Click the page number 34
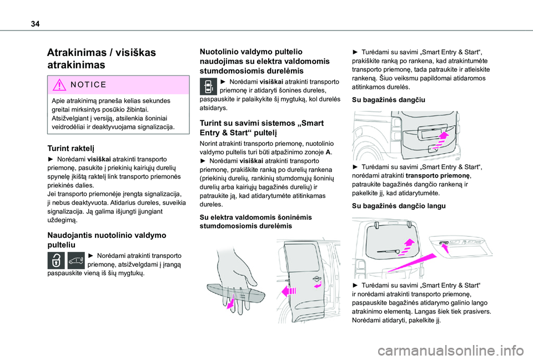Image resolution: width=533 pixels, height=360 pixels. [x=35, y=24]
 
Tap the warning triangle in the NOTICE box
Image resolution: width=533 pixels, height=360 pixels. [x=59, y=84]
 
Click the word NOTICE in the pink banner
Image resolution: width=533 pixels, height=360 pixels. [x=89, y=84]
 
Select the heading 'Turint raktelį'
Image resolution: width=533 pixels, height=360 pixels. [x=71, y=148]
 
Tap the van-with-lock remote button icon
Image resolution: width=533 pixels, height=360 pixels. [x=76, y=261]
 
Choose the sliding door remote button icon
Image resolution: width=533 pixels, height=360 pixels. [x=208, y=87]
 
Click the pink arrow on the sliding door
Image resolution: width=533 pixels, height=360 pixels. [x=289, y=291]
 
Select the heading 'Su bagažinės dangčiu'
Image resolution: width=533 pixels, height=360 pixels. [x=388, y=100]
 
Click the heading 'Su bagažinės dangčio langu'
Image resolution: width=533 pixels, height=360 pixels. [x=399, y=206]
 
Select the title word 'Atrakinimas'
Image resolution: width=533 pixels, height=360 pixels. [x=77, y=53]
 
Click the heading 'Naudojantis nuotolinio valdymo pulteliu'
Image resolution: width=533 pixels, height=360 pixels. [x=107, y=240]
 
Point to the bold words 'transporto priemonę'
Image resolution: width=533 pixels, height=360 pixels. [x=438, y=176]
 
